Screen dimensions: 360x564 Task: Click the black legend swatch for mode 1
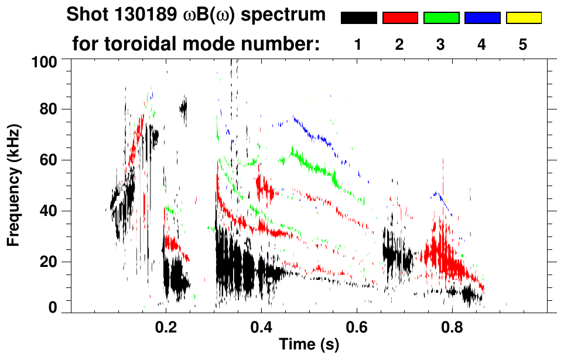tap(358, 18)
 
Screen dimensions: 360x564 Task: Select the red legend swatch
tap(400, 18)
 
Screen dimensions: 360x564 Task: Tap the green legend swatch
tap(441, 18)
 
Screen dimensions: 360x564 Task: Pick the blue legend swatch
tap(482, 18)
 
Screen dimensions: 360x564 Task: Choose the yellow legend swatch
tap(523, 18)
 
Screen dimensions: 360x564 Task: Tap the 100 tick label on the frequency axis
tap(45, 61)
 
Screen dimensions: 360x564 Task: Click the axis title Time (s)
tap(309, 344)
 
